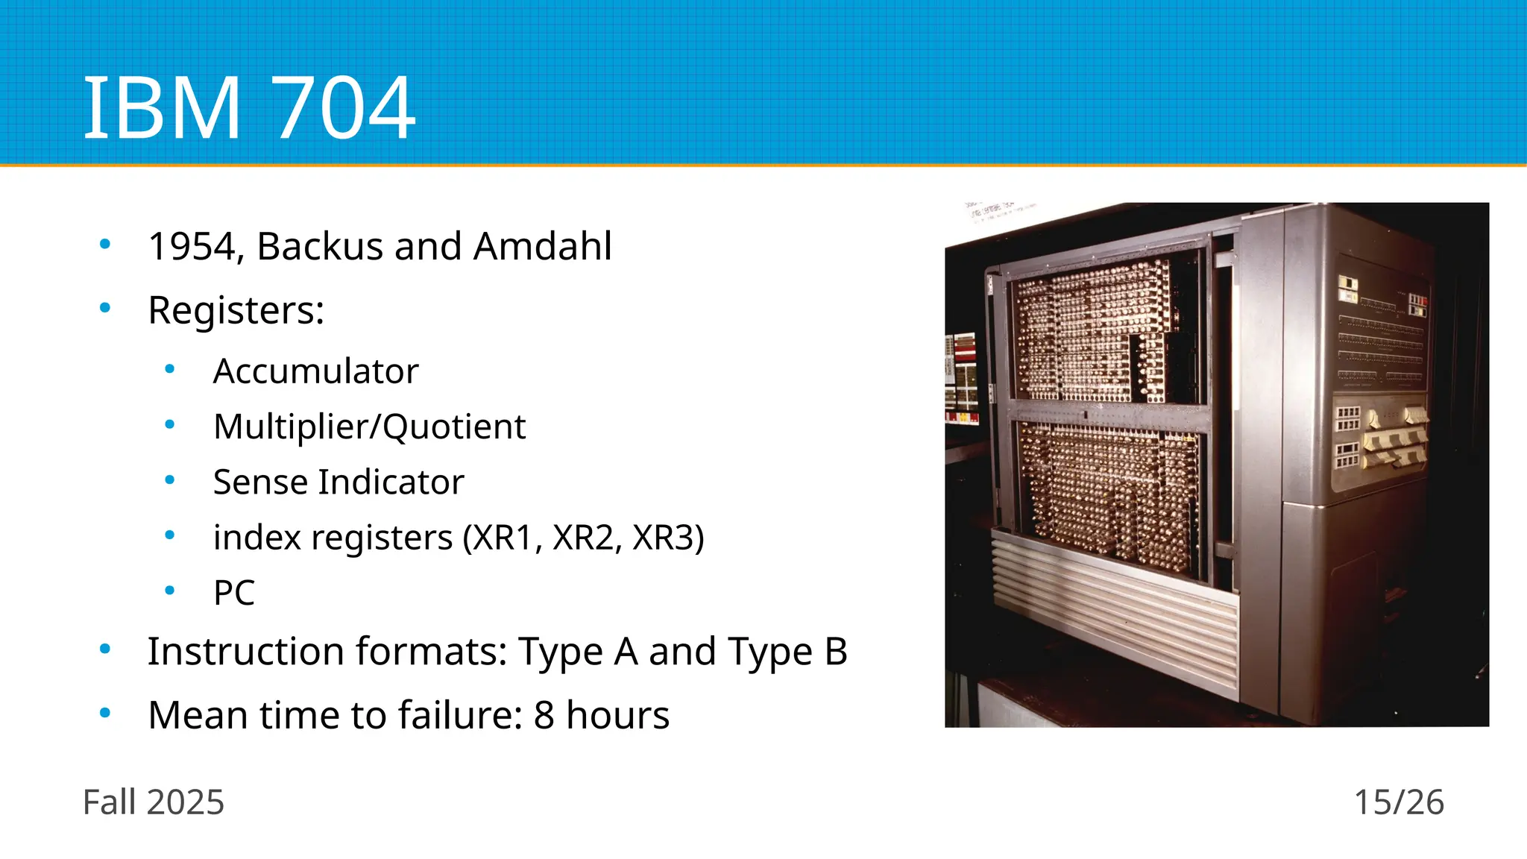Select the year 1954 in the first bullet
192,246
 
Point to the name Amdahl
542,246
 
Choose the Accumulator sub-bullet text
315,371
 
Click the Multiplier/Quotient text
369,427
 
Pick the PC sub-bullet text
233,593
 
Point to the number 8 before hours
544,715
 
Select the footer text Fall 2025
153,802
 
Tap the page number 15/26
1398,802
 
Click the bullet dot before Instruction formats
105,649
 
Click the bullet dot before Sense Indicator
170,481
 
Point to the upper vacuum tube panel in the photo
1092,332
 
